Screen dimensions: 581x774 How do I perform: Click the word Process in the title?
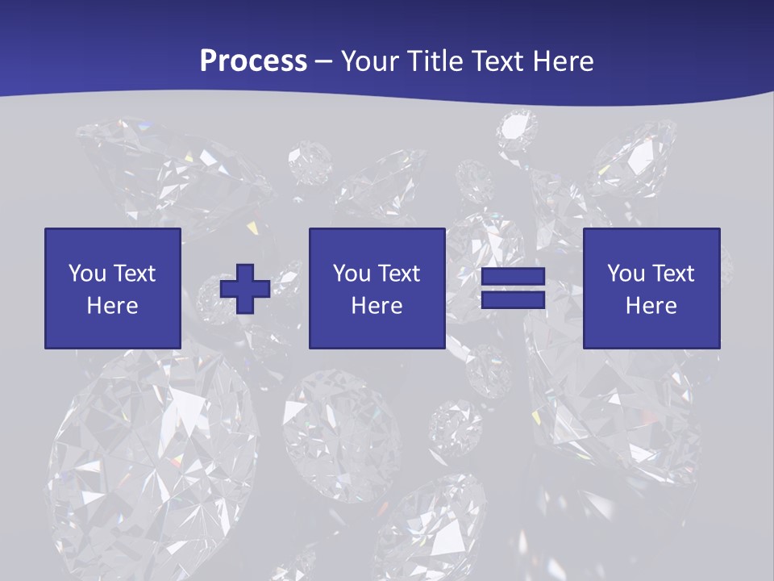[253, 61]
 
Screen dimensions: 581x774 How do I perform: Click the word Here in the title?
[561, 61]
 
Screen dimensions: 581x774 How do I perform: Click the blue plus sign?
[245, 288]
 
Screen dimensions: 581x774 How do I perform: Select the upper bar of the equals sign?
[514, 277]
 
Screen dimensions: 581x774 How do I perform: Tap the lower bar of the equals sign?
[514, 299]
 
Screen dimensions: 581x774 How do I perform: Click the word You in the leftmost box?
[87, 274]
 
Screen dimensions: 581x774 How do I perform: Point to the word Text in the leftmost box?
[134, 274]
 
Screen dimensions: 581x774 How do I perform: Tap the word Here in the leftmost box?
[112, 306]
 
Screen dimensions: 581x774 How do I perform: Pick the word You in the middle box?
[352, 274]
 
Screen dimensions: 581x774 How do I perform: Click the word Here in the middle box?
[377, 306]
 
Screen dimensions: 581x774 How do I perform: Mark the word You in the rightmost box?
[626, 274]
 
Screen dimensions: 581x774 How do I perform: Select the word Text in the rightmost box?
[672, 274]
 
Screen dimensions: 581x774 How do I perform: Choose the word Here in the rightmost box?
[651, 306]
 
